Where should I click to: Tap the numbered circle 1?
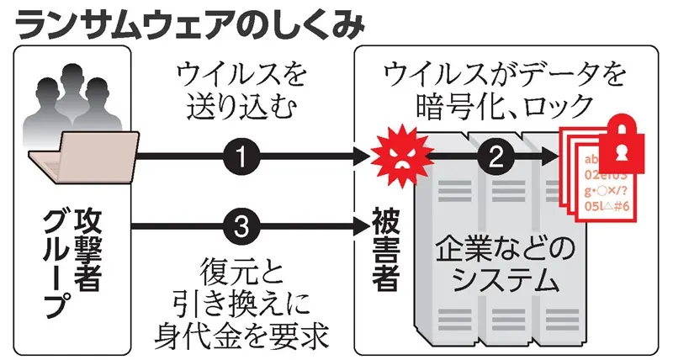(242, 156)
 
